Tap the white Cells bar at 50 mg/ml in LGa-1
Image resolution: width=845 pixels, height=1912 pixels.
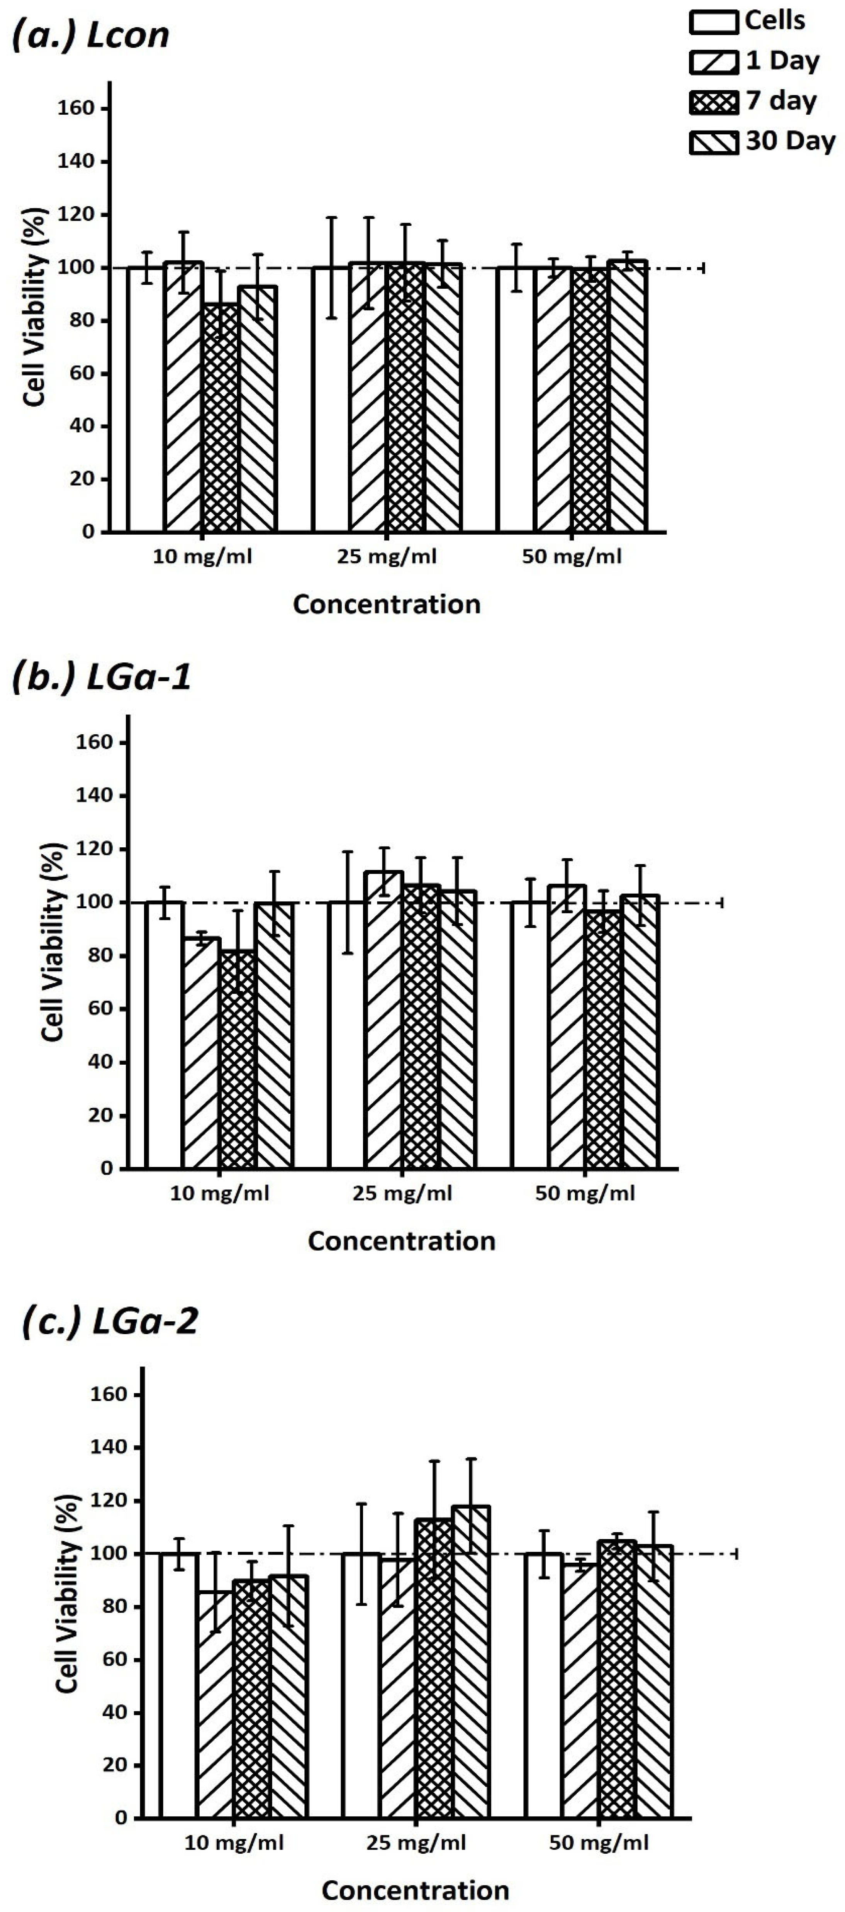coord(529,1039)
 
